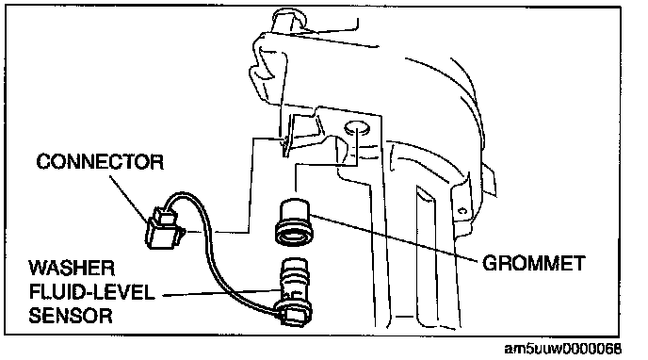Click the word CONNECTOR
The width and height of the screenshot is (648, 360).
[x=100, y=161]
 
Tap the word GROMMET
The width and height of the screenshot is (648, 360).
[x=534, y=263]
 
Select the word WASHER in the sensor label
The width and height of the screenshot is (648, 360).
[x=72, y=269]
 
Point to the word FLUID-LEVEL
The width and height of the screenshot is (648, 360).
[x=91, y=292]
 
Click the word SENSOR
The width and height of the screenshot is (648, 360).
[x=71, y=316]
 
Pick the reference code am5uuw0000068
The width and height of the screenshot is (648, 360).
[x=563, y=349]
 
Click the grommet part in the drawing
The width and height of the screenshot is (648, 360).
[x=294, y=222]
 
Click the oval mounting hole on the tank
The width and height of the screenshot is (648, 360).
[x=356, y=128]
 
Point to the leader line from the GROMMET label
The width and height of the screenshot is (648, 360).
[x=396, y=237]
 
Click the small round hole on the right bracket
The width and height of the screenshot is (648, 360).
[x=462, y=211]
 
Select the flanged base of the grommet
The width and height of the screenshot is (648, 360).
[x=294, y=236]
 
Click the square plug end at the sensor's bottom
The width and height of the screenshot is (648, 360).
[x=293, y=318]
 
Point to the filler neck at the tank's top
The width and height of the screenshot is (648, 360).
[x=288, y=19]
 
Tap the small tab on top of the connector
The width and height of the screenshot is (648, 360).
[x=166, y=215]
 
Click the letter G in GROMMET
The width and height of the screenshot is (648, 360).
[x=490, y=263]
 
